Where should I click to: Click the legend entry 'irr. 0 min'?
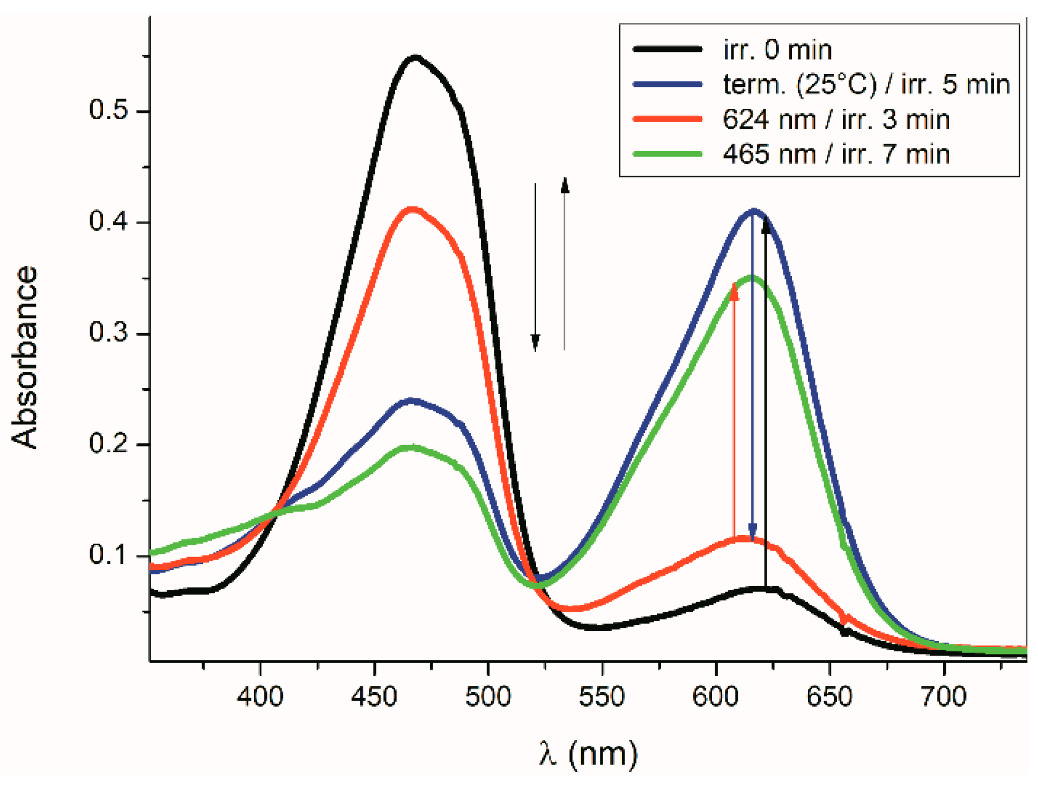[x=777, y=50]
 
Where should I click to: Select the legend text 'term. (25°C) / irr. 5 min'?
[x=866, y=84]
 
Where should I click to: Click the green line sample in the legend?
[x=668, y=154]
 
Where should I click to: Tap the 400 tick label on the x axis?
[x=260, y=696]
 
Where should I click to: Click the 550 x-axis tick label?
[x=602, y=696]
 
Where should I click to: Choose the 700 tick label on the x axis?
[x=944, y=696]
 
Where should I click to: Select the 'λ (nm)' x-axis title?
[x=588, y=753]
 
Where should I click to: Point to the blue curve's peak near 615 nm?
[x=754, y=211]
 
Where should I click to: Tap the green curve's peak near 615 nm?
[x=752, y=278]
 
